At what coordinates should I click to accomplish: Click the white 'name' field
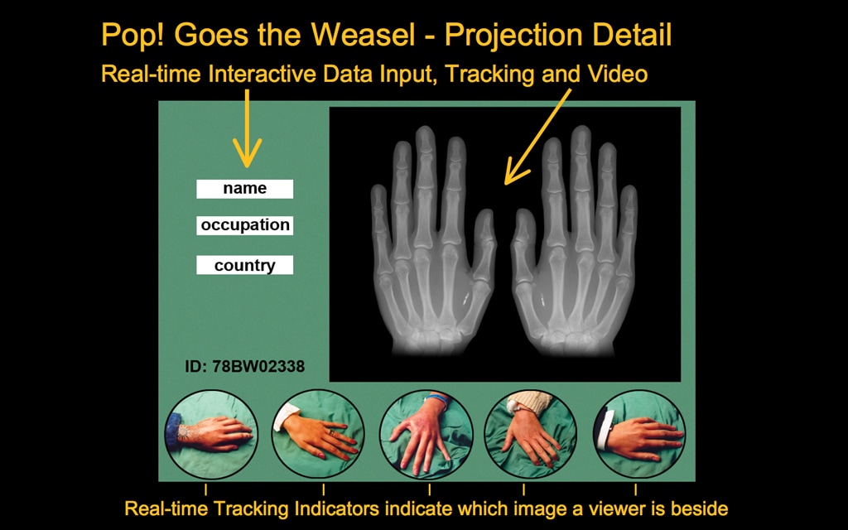(x=244, y=189)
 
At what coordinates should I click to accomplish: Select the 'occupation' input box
(x=244, y=225)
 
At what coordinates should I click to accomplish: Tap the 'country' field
(x=244, y=265)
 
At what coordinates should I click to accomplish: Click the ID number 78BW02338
(x=244, y=366)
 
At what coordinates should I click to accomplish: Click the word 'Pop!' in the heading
(x=134, y=36)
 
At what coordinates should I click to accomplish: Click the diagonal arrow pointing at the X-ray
(x=537, y=137)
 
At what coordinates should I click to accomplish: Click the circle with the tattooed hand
(x=211, y=434)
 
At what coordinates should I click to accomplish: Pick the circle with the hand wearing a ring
(x=318, y=434)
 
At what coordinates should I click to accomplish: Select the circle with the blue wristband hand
(x=426, y=434)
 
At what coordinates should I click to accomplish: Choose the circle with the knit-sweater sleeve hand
(x=531, y=434)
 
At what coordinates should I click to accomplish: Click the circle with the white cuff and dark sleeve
(x=639, y=434)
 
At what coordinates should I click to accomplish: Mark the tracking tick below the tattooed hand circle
(x=205, y=489)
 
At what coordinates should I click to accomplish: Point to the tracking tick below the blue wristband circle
(x=430, y=489)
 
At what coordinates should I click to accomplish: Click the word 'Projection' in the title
(x=514, y=36)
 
